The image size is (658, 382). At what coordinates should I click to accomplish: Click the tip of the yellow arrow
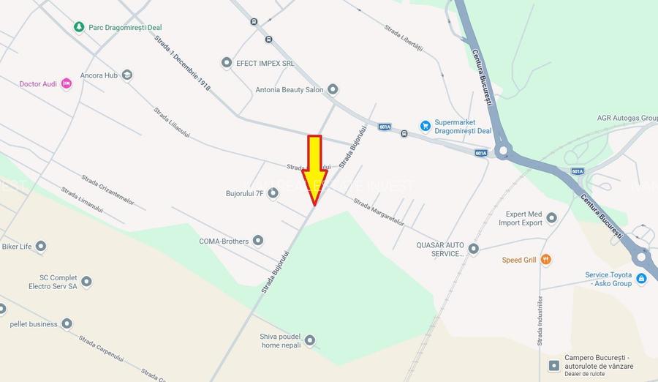314,206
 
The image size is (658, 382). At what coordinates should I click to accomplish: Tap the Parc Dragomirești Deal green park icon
79,27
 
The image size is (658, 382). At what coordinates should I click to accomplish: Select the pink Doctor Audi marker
67,84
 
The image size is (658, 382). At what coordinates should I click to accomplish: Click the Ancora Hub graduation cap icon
127,75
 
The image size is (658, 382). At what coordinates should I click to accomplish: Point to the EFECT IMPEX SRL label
265,63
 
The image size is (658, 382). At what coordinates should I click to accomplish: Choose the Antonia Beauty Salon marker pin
333,90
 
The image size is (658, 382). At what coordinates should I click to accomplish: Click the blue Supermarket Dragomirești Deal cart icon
425,126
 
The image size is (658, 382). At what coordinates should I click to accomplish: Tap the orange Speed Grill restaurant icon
546,260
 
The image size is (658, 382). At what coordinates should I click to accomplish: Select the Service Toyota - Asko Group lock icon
641,279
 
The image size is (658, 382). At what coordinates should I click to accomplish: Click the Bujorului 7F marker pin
273,193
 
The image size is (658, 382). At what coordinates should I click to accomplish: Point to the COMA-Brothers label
224,241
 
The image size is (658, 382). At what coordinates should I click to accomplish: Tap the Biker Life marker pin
41,247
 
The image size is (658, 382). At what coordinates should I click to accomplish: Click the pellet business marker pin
67,323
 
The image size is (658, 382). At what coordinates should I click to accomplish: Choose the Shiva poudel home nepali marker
309,340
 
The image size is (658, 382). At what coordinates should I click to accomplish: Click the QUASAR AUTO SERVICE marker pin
473,249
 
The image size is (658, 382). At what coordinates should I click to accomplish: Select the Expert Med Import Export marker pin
551,218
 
